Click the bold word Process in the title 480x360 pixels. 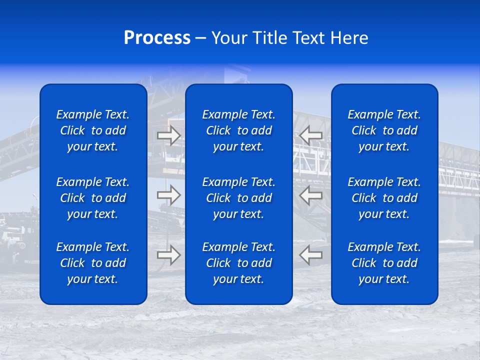coord(157,38)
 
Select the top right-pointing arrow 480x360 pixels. coord(169,135)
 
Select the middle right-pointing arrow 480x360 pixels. coord(169,195)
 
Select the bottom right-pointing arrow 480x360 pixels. coord(169,255)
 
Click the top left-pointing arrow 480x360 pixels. coord(311,135)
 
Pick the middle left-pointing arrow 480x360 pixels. coord(311,195)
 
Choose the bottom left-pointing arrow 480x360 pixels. coord(311,255)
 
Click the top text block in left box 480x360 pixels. coord(93,130)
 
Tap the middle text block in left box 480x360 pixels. coord(93,198)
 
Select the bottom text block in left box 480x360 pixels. coord(93,263)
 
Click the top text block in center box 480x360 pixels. coord(239,130)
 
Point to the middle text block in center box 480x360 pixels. coord(239,198)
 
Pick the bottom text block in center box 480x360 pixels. coord(239,263)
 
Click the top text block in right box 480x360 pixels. coord(384,130)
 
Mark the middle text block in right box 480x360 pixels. coord(384,198)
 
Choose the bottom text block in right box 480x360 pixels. coord(384,263)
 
